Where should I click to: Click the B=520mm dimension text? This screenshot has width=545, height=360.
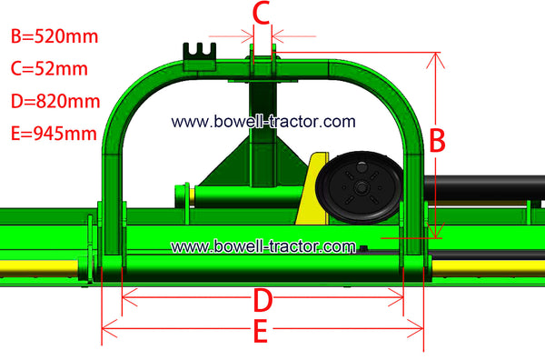[54, 36]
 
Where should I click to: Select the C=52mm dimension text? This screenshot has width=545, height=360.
[49, 68]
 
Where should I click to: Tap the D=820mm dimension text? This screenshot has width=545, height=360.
[55, 101]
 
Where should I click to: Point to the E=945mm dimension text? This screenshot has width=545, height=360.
[54, 134]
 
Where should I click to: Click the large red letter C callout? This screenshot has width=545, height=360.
[262, 14]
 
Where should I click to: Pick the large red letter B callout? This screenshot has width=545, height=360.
[437, 141]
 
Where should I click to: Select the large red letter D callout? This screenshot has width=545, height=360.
[263, 300]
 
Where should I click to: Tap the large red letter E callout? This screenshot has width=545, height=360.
[261, 330]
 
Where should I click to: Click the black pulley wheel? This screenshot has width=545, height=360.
[360, 186]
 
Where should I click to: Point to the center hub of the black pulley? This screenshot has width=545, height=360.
[362, 188]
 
